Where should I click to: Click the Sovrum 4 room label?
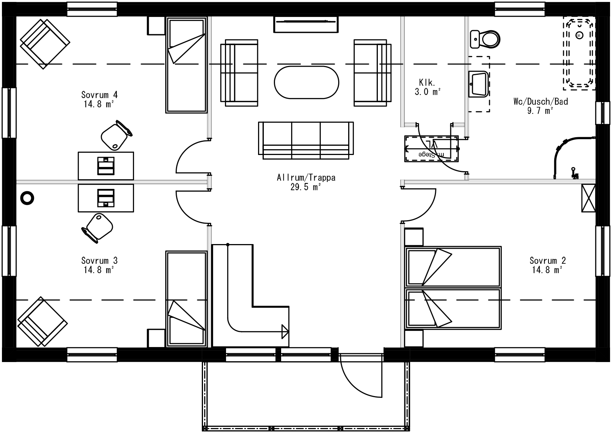99,99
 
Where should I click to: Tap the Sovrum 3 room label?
99,265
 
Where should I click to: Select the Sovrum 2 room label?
547,265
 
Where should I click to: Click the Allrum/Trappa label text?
306,182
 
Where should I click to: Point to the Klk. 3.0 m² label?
427,87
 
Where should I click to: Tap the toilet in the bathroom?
485,39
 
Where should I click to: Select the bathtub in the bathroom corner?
578,53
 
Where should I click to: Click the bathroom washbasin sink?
478,83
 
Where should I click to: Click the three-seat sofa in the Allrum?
306,140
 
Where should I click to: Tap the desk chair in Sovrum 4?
115,135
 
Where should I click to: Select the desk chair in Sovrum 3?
98,227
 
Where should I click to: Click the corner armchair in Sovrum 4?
45,44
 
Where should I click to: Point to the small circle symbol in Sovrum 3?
27,198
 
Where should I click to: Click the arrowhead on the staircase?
285,331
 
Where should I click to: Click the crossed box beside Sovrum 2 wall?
588,198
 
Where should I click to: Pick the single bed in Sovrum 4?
186,65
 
